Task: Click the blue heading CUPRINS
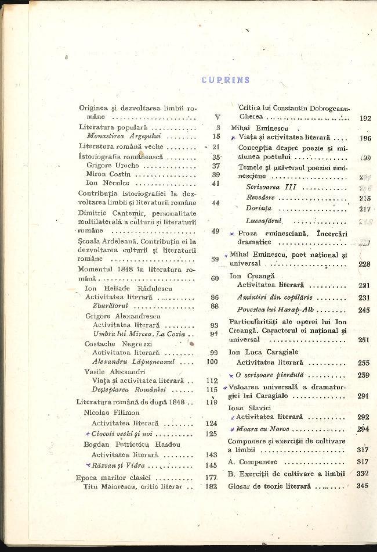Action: (225, 80)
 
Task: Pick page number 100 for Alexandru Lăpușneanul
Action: (213, 361)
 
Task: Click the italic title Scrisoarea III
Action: (271, 187)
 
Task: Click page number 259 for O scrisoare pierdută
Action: (364, 375)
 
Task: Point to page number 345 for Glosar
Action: (363, 486)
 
